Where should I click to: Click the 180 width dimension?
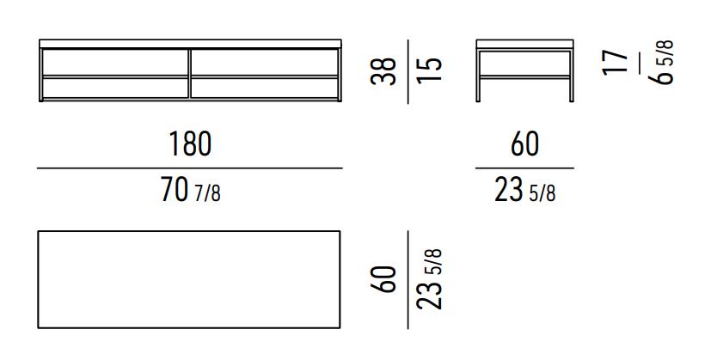[x=190, y=143]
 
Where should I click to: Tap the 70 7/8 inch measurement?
[x=190, y=190]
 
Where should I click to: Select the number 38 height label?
[x=384, y=70]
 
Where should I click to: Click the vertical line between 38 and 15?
[x=408, y=71]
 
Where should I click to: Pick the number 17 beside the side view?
[x=616, y=62]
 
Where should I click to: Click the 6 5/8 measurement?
[x=661, y=62]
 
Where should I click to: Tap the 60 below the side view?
[x=525, y=143]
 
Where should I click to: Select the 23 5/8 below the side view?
[x=525, y=190]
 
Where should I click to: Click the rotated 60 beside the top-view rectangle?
[x=384, y=279]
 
